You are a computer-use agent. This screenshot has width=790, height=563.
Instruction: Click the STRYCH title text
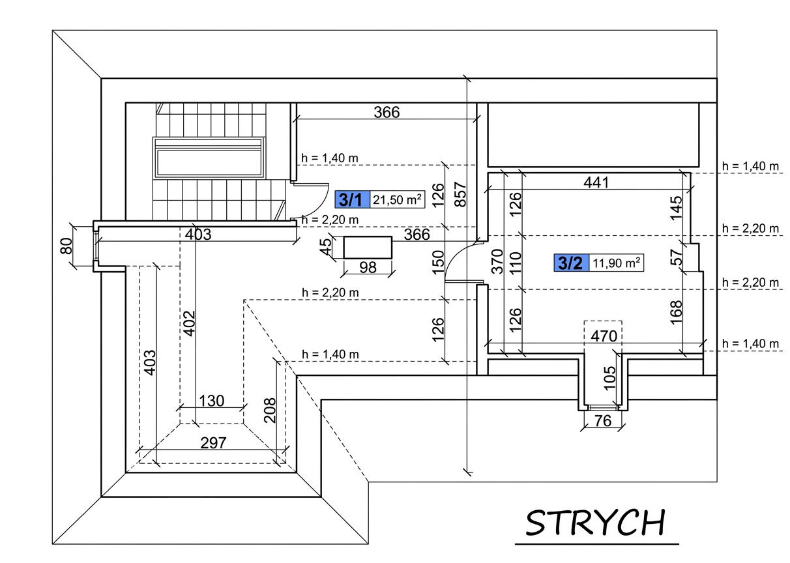point(595,523)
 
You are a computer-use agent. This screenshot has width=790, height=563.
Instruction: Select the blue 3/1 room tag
point(352,199)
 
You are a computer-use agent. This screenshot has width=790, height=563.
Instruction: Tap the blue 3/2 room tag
point(572,263)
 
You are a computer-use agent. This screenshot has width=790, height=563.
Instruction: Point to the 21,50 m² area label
point(397,199)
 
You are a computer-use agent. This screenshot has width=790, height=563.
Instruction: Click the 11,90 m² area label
point(616,263)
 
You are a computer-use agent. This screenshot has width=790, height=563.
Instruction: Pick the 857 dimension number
point(460,194)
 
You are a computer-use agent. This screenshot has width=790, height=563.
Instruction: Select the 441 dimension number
point(596,182)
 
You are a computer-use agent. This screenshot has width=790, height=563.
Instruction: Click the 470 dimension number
point(604,336)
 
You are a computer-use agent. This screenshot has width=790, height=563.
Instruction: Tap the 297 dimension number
point(213,443)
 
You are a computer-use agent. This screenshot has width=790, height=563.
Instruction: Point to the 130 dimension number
point(212,401)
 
